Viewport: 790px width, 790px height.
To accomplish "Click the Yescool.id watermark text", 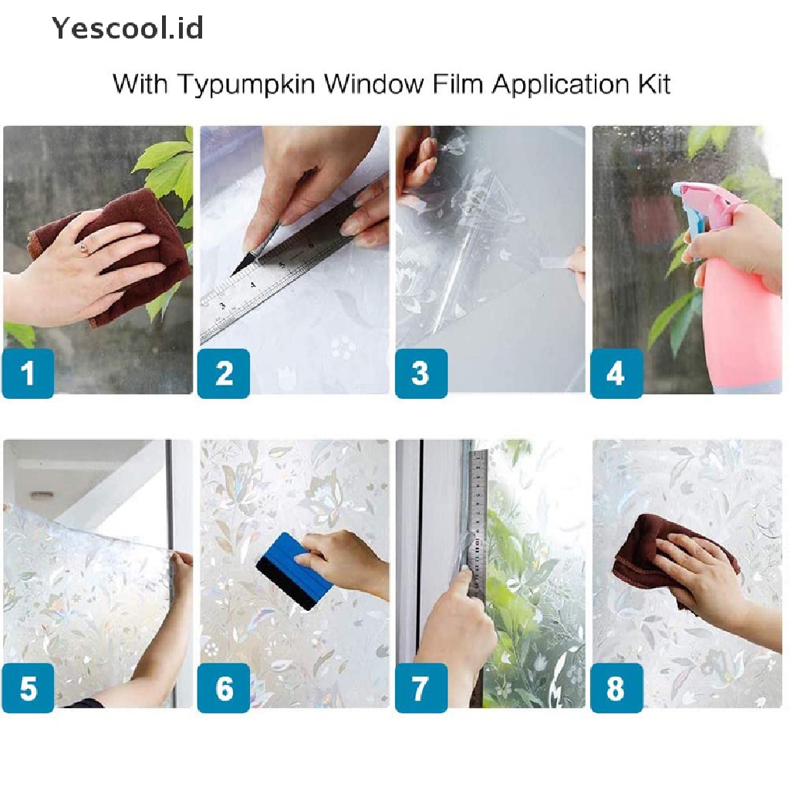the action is tap(127, 28).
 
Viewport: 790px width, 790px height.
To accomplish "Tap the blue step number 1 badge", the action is tap(29, 373).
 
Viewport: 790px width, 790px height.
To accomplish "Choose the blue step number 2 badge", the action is tap(224, 373).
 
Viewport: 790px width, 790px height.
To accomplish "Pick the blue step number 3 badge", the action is tap(421, 373).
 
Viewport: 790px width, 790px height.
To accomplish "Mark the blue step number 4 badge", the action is tap(616, 373).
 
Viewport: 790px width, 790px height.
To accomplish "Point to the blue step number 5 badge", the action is tap(29, 687).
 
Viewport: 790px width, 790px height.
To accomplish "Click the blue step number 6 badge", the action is tap(224, 687).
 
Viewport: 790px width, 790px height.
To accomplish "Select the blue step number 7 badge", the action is tap(421, 687).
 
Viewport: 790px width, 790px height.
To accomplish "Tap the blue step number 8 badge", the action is tap(616, 687).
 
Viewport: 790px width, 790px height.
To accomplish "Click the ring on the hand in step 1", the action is tap(83, 248).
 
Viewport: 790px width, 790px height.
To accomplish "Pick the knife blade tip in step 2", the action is tap(232, 275).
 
